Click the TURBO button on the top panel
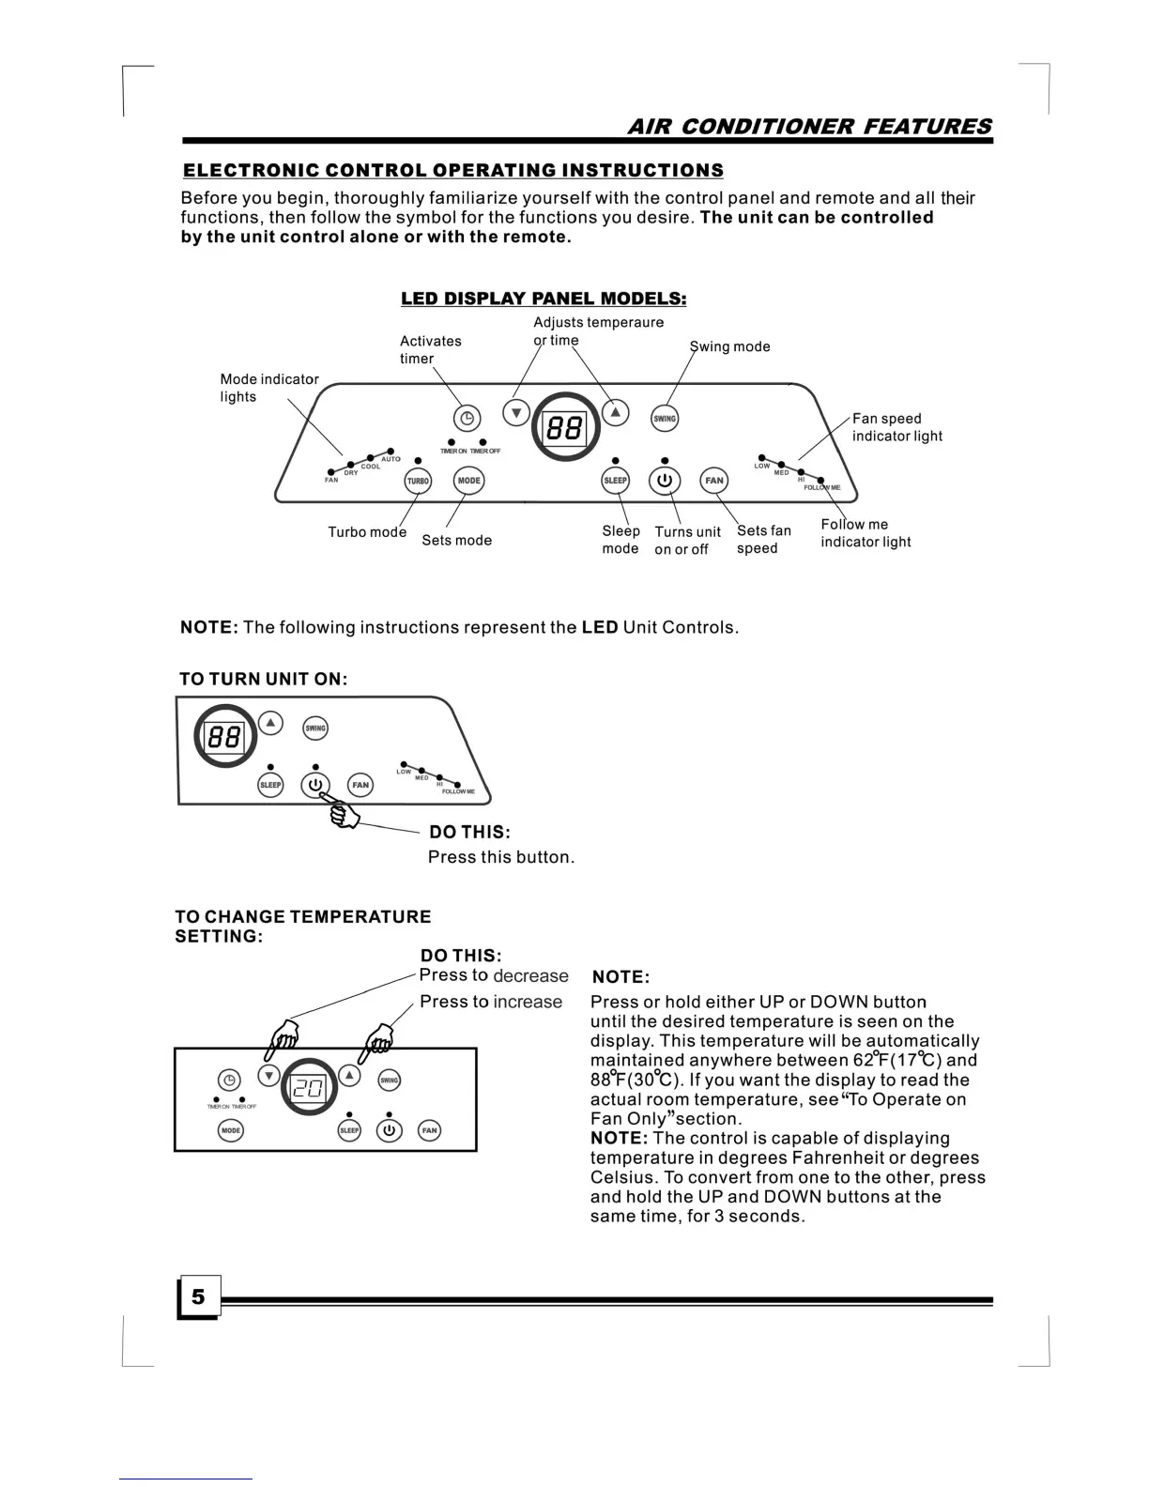pyautogui.click(x=418, y=481)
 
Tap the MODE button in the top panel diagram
pyautogui.click(x=468, y=481)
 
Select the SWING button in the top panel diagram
pyautogui.click(x=665, y=419)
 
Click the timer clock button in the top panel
pyautogui.click(x=467, y=419)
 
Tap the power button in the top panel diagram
pyautogui.click(x=665, y=481)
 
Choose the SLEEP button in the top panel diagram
pyautogui.click(x=615, y=481)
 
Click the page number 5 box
pyautogui.click(x=198, y=1297)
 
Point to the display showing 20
pyautogui.click(x=309, y=1089)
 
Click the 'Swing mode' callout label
pyautogui.click(x=730, y=346)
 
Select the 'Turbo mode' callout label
pyautogui.click(x=367, y=532)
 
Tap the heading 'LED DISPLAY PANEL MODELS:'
pyautogui.click(x=544, y=299)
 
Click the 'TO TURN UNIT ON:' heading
pyautogui.click(x=263, y=679)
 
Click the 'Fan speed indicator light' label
pyautogui.click(x=896, y=427)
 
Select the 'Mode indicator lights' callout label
pyautogui.click(x=268, y=388)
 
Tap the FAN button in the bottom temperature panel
pyautogui.click(x=429, y=1130)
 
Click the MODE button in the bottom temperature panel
pyautogui.click(x=230, y=1130)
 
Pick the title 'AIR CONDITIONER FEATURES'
pyautogui.click(x=808, y=127)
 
